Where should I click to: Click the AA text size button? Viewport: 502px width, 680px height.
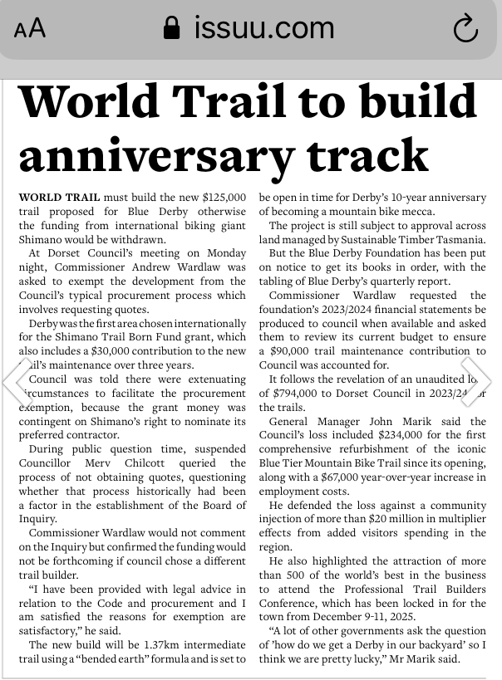(x=30, y=29)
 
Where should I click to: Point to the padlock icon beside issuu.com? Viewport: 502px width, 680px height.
(x=172, y=30)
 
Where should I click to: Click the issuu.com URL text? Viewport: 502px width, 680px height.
(x=263, y=29)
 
